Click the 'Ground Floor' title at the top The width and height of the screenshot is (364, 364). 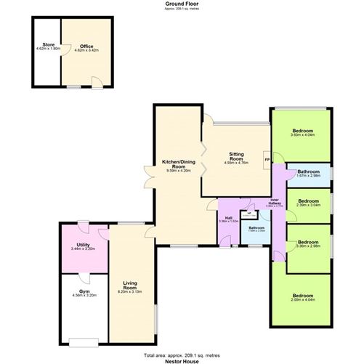click(x=182, y=4)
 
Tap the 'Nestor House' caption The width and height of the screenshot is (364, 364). click(x=182, y=360)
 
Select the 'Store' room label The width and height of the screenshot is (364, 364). click(x=48, y=44)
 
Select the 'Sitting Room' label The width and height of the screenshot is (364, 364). click(x=236, y=157)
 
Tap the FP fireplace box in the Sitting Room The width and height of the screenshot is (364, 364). click(x=267, y=160)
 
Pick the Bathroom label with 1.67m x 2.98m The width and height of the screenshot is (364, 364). click(x=309, y=171)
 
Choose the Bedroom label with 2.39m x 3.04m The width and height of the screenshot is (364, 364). click(x=309, y=201)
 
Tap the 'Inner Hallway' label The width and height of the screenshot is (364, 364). click(x=275, y=202)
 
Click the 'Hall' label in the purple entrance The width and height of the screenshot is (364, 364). click(x=228, y=217)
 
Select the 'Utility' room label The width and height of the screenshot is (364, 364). click(x=84, y=246)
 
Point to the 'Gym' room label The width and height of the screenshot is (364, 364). click(x=82, y=292)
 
